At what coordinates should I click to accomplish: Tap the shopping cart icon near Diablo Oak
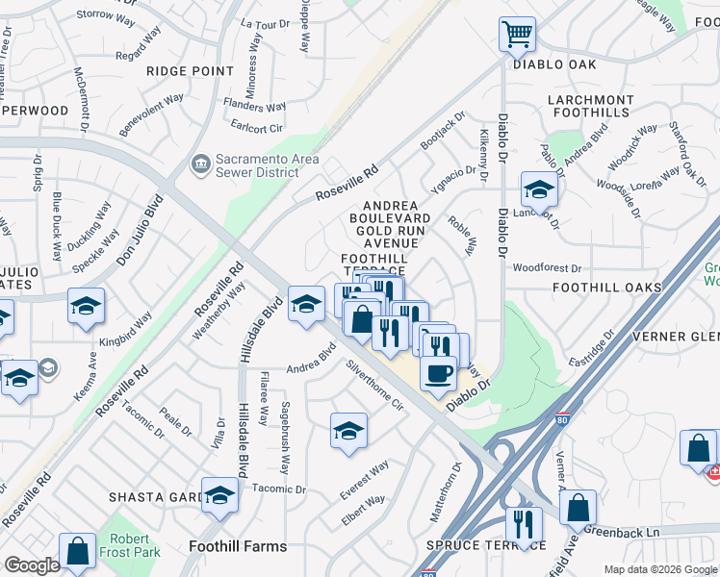tap(517, 35)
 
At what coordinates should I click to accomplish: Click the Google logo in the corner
tap(32, 565)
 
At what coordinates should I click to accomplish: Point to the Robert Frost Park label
tap(130, 545)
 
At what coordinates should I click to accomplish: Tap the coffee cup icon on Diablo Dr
tap(438, 373)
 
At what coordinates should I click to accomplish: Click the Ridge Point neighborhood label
tap(190, 71)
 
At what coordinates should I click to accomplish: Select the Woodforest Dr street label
tap(548, 268)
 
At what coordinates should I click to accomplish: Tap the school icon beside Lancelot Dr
tap(538, 189)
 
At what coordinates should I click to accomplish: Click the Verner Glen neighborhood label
tap(674, 337)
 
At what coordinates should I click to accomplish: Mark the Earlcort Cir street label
tap(257, 127)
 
